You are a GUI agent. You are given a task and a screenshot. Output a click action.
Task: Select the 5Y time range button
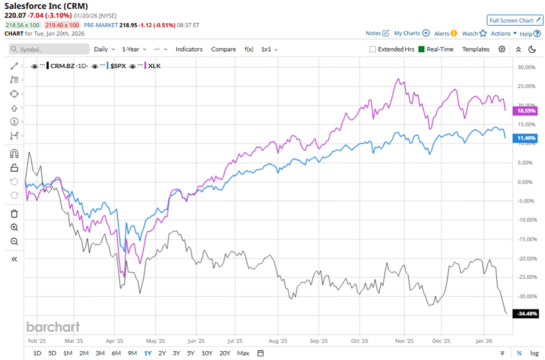tap(191, 353)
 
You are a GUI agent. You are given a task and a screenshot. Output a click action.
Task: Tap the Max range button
tap(243, 353)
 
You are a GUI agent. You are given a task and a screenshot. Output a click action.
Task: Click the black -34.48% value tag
tap(526, 314)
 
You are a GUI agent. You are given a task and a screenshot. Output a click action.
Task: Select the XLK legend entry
tap(155, 66)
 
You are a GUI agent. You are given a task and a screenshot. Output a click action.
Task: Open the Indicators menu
tap(189, 49)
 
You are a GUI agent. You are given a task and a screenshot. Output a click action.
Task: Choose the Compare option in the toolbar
tap(223, 49)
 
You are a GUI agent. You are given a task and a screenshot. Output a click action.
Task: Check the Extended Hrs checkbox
tap(373, 49)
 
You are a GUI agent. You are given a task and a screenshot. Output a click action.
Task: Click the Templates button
tap(475, 49)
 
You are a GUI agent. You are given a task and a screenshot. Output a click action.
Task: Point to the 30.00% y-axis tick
tap(525, 67)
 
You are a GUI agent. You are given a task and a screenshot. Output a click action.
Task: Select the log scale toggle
tap(534, 353)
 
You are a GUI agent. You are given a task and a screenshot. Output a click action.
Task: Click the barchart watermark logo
tap(53, 326)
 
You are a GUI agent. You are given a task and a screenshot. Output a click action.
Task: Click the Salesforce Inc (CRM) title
tap(46, 6)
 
